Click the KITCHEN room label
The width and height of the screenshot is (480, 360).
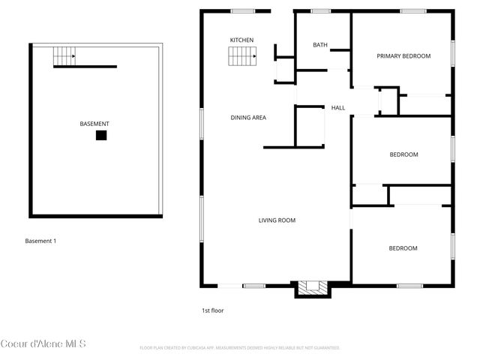click(241, 40)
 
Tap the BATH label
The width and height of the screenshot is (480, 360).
click(319, 45)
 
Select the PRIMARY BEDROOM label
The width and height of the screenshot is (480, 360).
click(403, 56)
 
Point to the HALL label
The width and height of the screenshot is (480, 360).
click(338, 108)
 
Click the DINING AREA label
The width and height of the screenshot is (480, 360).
click(248, 118)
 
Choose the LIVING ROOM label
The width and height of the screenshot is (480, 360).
click(277, 220)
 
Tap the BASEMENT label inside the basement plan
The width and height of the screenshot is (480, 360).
click(94, 124)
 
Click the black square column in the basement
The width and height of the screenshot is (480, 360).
click(100, 136)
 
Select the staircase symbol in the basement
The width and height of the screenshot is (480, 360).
click(64, 54)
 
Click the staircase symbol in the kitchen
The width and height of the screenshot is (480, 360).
click(242, 55)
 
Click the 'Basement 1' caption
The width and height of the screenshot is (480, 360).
click(40, 241)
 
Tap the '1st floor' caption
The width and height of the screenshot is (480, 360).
click(212, 310)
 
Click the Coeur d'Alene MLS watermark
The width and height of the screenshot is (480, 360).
click(43, 344)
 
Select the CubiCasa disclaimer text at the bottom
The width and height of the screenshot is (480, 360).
click(240, 348)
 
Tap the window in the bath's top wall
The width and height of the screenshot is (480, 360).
click(321, 10)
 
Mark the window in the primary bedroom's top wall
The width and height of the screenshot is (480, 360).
click(410, 10)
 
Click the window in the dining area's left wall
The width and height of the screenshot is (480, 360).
click(201, 121)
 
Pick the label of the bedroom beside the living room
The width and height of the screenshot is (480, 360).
click(403, 248)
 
